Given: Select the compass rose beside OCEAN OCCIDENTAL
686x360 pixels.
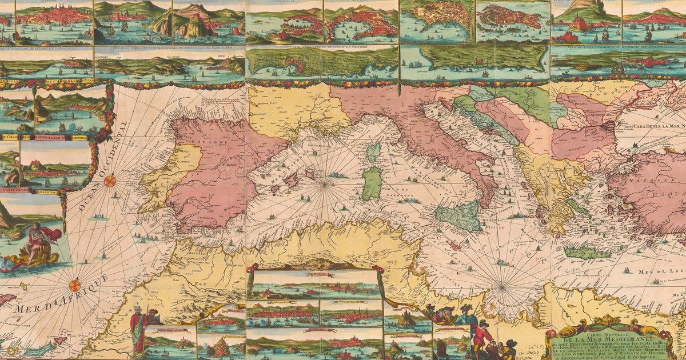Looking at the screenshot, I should click(110, 181).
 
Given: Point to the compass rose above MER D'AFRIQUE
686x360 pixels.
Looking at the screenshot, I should click(75, 285).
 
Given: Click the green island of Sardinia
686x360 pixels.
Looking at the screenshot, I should click(372, 183).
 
